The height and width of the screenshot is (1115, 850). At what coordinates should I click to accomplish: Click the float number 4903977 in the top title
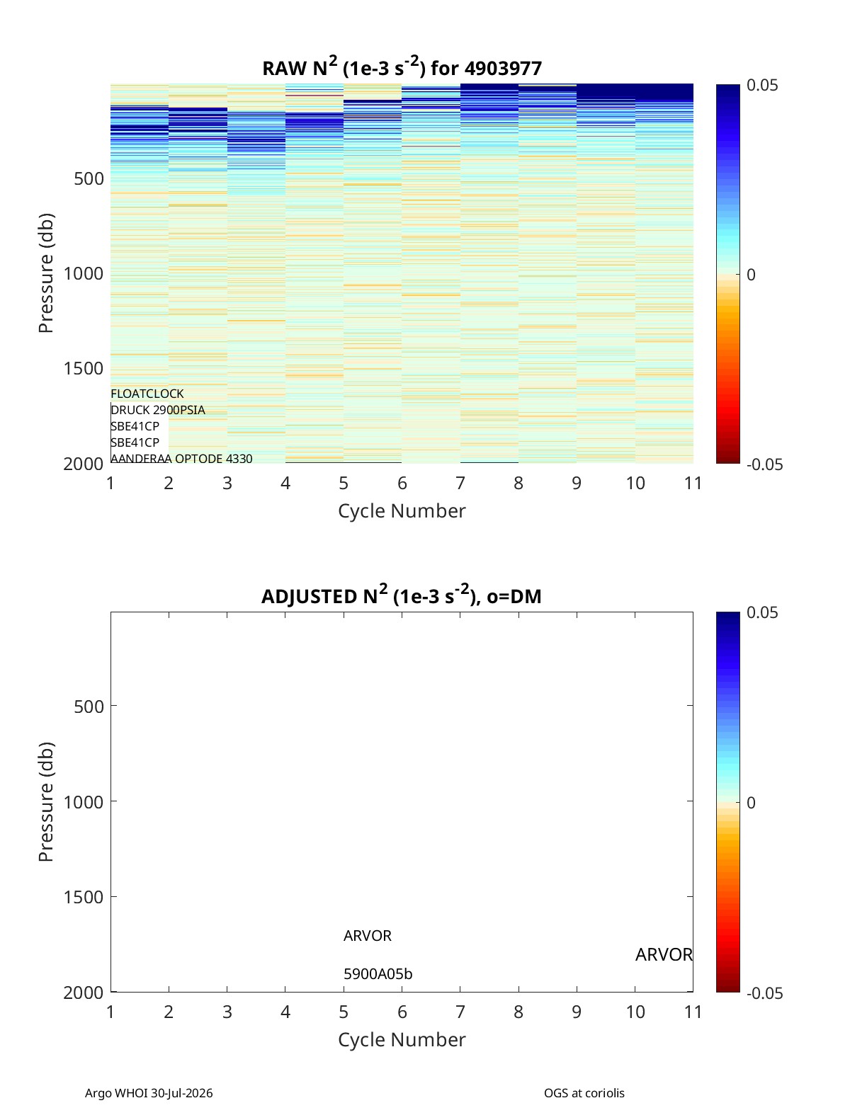[503, 68]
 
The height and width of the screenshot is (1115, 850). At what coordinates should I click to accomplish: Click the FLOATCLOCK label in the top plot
[147, 394]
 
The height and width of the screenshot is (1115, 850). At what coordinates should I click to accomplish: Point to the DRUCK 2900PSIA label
[157, 410]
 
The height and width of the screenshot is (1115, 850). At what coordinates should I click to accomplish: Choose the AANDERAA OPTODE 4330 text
[181, 459]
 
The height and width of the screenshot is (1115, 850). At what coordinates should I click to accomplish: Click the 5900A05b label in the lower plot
[378, 974]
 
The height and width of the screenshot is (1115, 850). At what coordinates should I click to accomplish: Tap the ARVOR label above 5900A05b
[368, 936]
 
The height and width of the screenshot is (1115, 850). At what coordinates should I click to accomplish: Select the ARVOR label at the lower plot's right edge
[664, 955]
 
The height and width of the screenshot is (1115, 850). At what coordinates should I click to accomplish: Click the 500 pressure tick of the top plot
[89, 179]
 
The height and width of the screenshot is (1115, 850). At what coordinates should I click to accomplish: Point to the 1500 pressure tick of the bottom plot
[84, 897]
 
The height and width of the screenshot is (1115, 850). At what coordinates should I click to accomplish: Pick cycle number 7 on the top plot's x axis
[460, 483]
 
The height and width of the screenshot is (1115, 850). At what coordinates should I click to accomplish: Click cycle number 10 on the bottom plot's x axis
[635, 1012]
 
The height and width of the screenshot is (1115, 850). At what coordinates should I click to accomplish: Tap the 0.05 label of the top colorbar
[762, 85]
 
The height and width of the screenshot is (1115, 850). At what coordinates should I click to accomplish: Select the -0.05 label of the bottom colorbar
[764, 993]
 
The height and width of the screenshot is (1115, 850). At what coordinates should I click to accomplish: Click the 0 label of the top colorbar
[751, 275]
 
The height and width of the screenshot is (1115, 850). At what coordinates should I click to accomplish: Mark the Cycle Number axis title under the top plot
[402, 511]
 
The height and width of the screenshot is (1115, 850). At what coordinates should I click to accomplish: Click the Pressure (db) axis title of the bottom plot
[46, 801]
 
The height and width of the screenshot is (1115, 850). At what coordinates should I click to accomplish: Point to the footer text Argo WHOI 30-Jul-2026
[149, 1093]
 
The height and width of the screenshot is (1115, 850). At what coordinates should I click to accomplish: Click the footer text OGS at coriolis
[584, 1093]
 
